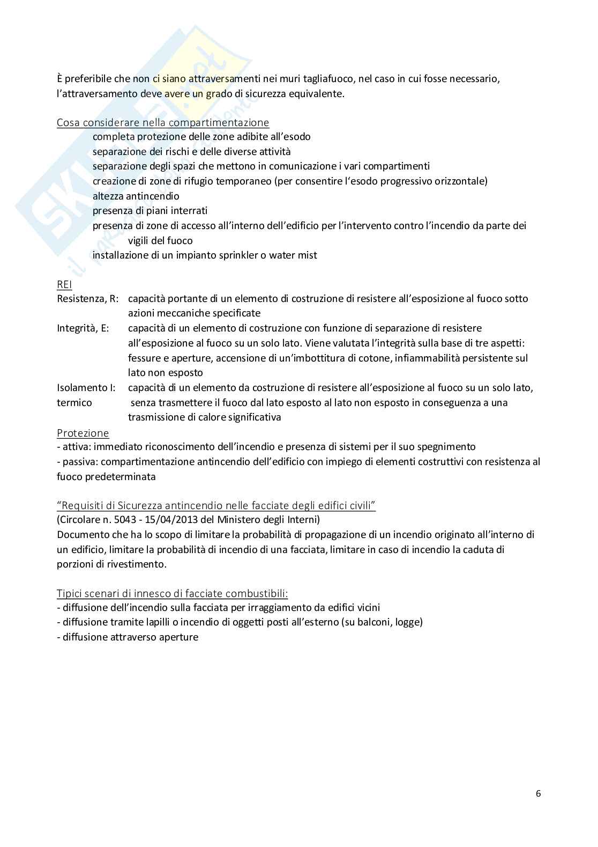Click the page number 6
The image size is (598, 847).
(x=538, y=794)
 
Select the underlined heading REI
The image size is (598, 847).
(x=64, y=284)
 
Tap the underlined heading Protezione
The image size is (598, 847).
(x=83, y=433)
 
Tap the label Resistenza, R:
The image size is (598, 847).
(x=88, y=299)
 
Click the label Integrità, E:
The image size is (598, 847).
(x=83, y=328)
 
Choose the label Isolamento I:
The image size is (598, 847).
(x=86, y=388)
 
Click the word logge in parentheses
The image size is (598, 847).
(x=408, y=622)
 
